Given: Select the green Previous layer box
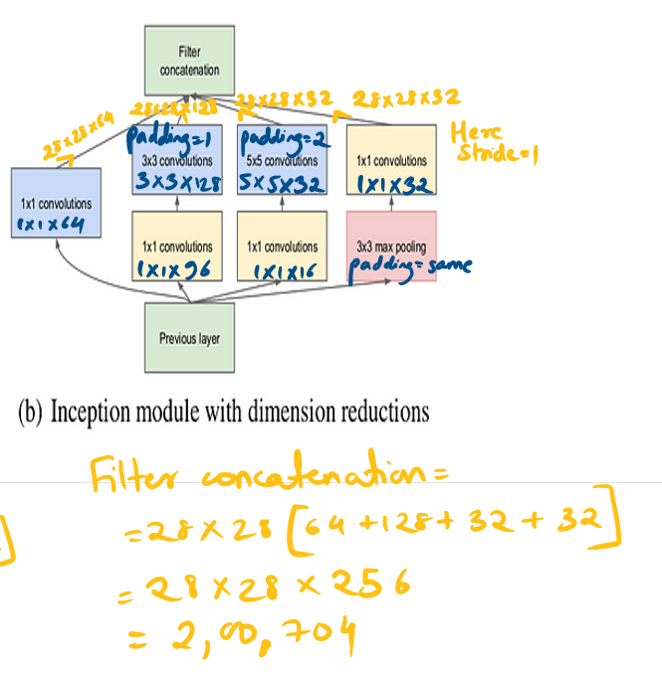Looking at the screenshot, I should (189, 339).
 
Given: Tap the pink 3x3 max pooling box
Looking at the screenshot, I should (391, 246).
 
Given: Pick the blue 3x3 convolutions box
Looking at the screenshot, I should (176, 162).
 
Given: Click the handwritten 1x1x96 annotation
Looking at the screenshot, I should (176, 269).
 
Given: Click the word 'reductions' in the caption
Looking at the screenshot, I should (387, 412).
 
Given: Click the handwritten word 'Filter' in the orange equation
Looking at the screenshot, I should (133, 478).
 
